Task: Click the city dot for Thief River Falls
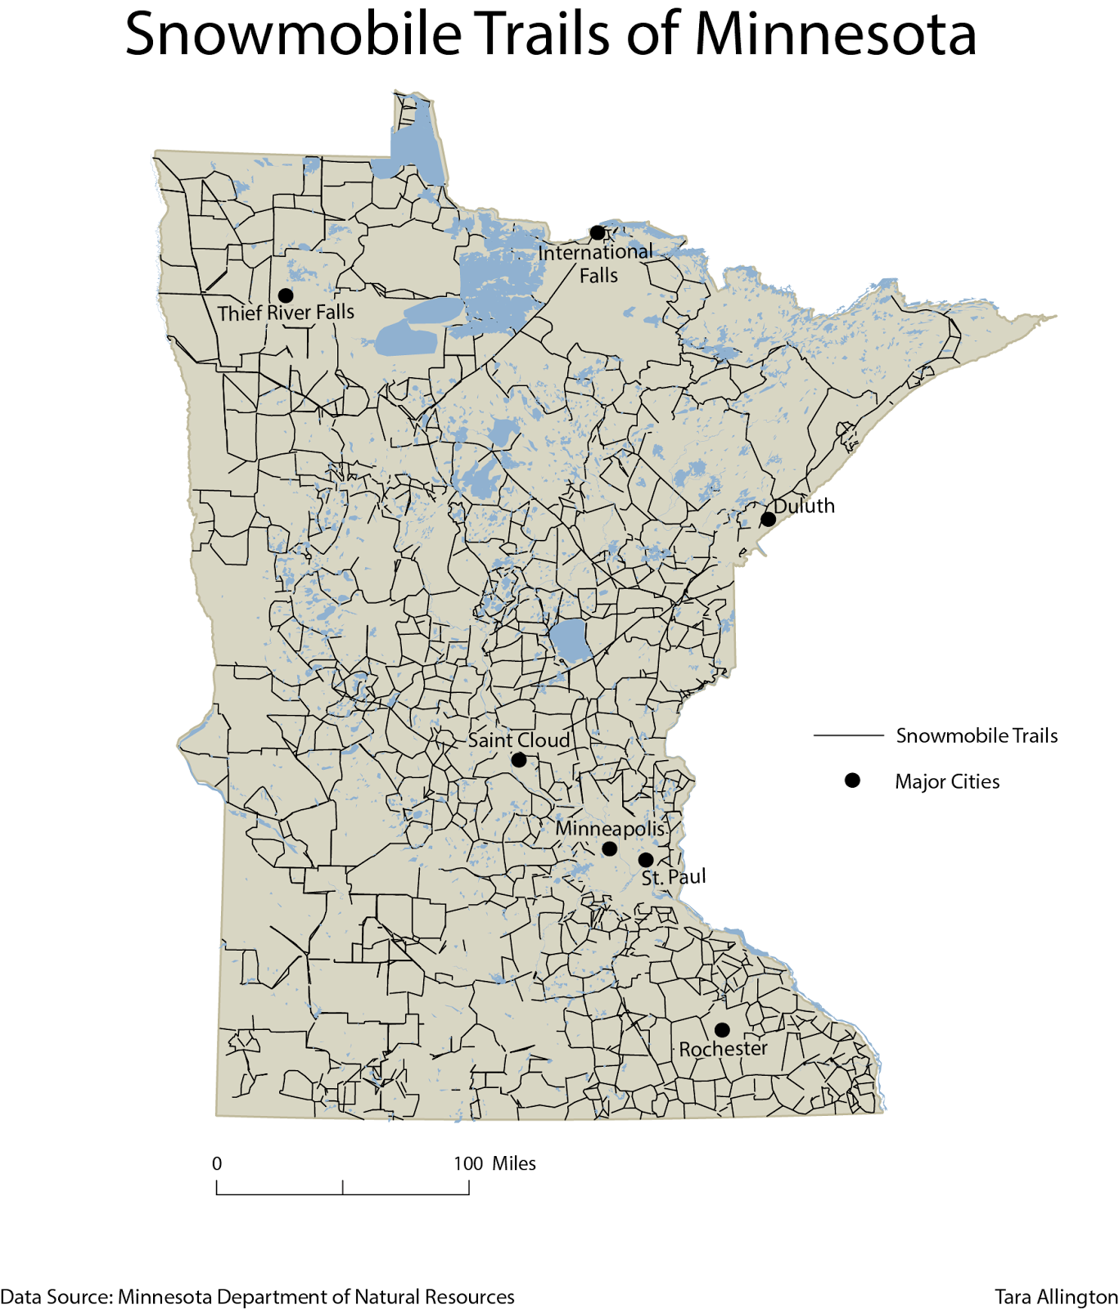[286, 295]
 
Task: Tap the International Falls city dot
[598, 233]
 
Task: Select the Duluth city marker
[769, 520]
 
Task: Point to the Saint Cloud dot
[519, 760]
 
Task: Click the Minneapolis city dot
[610, 849]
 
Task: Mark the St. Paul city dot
[646, 860]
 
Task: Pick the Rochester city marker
[722, 1030]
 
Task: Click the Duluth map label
[805, 506]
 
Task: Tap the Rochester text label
[723, 1049]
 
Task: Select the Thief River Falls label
[286, 313]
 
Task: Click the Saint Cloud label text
[519, 740]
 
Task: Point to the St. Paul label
[674, 878]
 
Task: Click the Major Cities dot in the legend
[852, 780]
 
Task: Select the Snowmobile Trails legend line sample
[848, 735]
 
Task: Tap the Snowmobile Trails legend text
[977, 735]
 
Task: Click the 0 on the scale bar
[217, 1163]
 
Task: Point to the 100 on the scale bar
[468, 1163]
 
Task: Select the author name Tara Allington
[1056, 1297]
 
